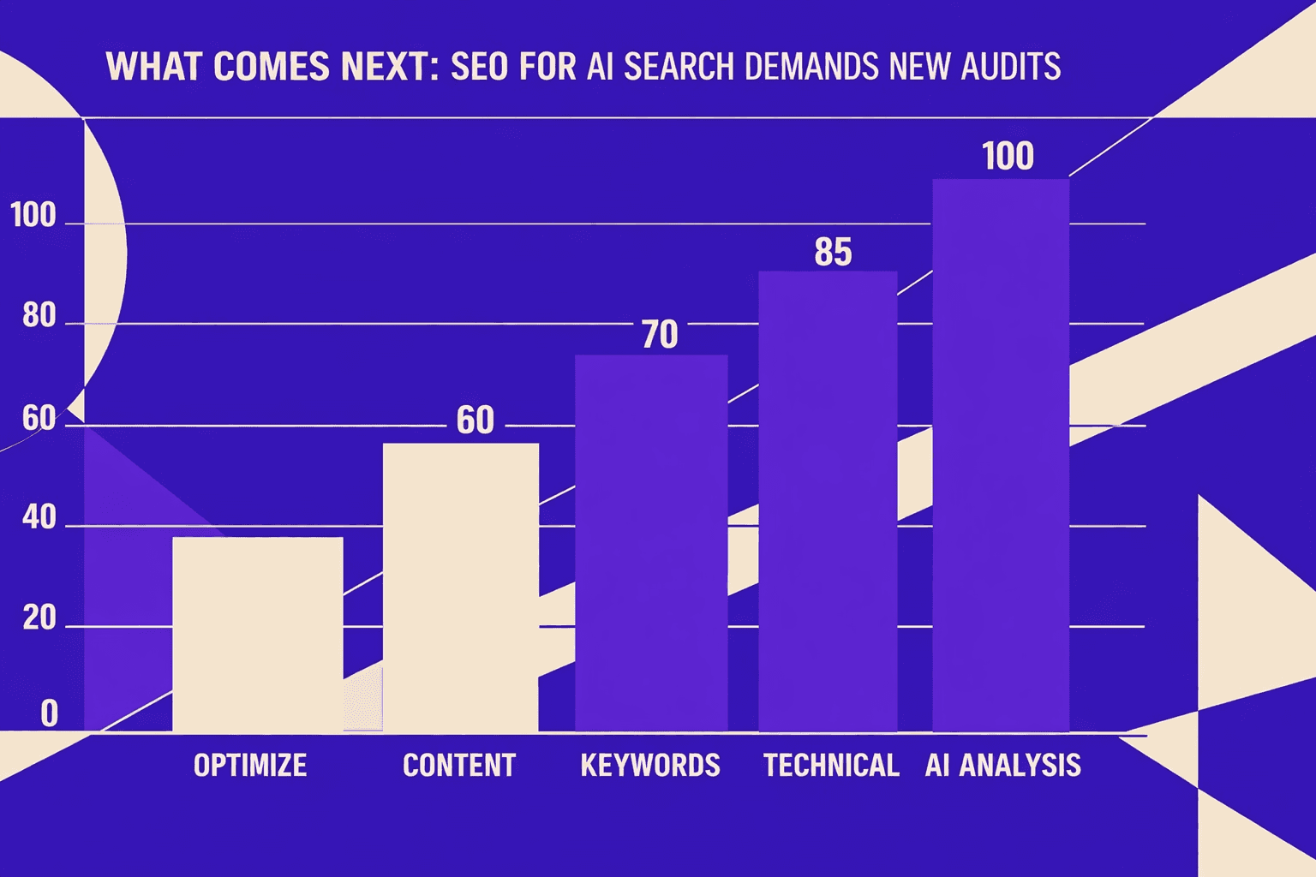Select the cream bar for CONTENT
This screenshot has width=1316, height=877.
coord(460,587)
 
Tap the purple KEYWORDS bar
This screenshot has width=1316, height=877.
coord(651,543)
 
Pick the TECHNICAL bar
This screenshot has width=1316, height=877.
coord(828,501)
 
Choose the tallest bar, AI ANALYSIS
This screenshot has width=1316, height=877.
coord(1000,455)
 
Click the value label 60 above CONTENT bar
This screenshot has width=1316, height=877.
coord(475,420)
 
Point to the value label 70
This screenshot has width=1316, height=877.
coord(660,334)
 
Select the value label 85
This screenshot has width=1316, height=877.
coord(833,252)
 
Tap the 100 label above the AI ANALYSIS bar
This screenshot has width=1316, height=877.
coord(1008,157)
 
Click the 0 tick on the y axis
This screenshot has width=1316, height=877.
coord(50,713)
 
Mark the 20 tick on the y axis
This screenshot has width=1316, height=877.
coord(39,617)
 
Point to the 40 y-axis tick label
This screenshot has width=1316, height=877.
coord(39,517)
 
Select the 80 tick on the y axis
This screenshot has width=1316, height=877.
coord(39,316)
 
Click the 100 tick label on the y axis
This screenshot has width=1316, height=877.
coord(33,215)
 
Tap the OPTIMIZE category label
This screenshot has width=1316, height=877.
coord(249,765)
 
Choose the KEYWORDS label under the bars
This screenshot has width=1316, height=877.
coord(650,765)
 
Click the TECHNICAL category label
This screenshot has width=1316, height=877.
coord(831,765)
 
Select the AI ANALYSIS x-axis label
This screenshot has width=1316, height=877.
coord(1002,765)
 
